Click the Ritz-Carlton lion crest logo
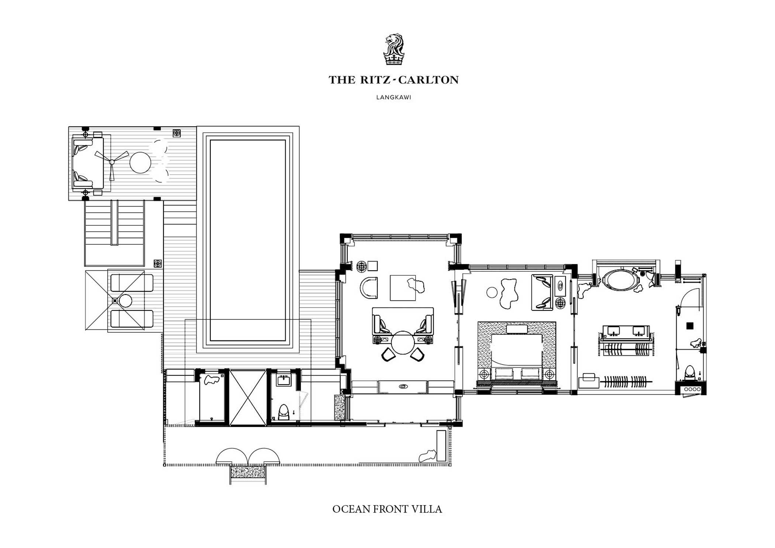pyautogui.click(x=394, y=49)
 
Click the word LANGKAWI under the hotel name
pyautogui.click(x=393, y=97)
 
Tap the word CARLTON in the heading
pyautogui.click(x=428, y=80)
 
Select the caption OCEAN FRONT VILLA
pyautogui.click(x=387, y=509)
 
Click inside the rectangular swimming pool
pyautogui.click(x=248, y=240)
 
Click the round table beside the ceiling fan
pyautogui.click(x=140, y=162)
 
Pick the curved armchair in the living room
pyautogui.click(x=369, y=288)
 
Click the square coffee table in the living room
pyautogui.click(x=403, y=288)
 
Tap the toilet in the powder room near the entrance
pyautogui.click(x=283, y=412)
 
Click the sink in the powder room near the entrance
pyautogui.click(x=283, y=380)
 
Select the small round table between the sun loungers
pyautogui.click(x=125, y=301)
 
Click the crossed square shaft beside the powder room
pyautogui.click(x=248, y=397)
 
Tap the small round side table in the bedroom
pyautogui.click(x=492, y=293)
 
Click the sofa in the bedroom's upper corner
pyautogui.click(x=542, y=292)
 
